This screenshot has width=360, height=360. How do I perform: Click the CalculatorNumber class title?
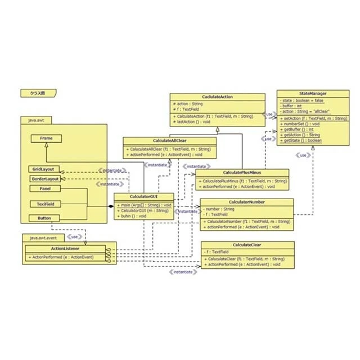pos(246,202)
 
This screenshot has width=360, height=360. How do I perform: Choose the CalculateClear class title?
pos(247,245)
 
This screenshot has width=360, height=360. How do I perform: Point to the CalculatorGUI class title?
pos(143,196)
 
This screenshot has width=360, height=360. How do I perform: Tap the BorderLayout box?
pos(44,178)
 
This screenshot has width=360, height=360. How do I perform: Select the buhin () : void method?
pos(132,215)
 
